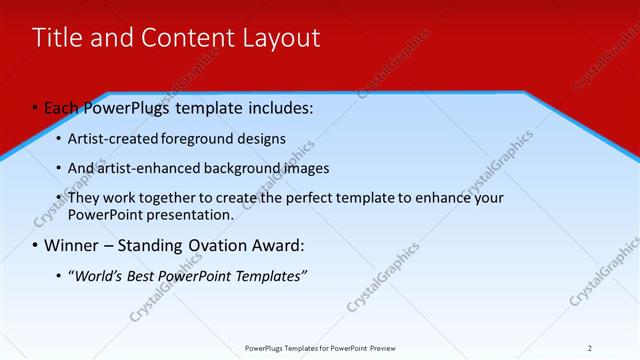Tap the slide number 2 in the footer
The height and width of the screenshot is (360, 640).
(x=590, y=348)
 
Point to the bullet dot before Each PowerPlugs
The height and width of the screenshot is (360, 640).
(x=35, y=107)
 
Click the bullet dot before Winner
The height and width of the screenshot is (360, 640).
(x=35, y=245)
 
